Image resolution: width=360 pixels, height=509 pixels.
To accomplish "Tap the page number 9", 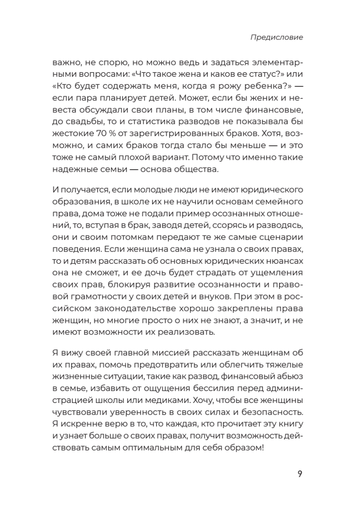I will [x=299, y=474].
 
